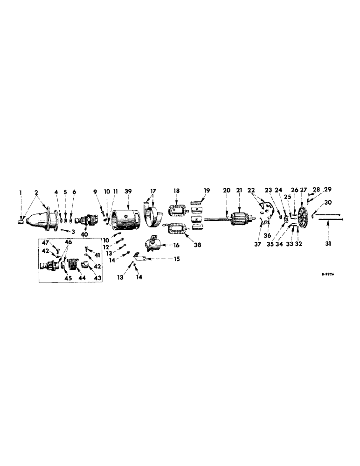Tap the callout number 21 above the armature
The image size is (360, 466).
239,191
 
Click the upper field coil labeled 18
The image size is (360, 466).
177,210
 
